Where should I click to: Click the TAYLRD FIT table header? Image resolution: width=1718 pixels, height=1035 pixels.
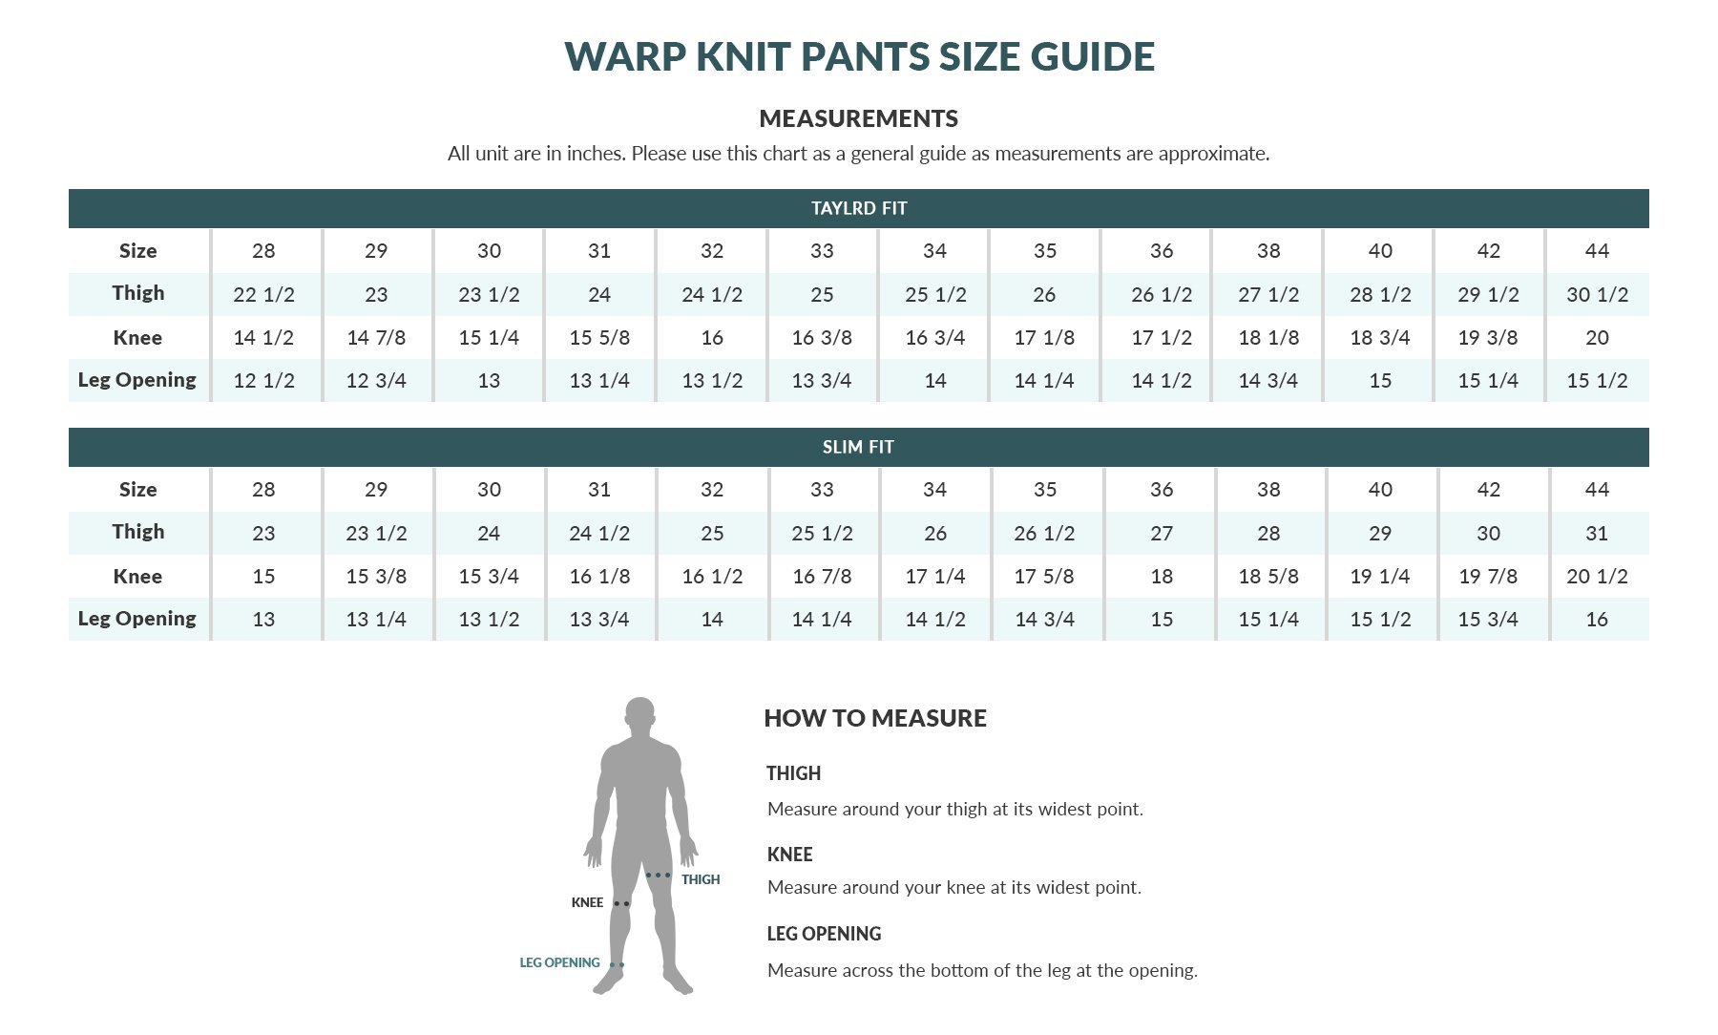pyautogui.click(x=858, y=208)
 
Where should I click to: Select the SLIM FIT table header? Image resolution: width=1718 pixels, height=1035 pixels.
pyautogui.click(x=858, y=447)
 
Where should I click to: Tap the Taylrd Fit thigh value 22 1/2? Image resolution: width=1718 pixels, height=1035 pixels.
pyautogui.click(x=263, y=295)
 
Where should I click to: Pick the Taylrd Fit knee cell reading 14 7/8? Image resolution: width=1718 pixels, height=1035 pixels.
pyautogui.click(x=376, y=338)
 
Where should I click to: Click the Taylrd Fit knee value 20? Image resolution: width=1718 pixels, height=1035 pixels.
pyautogui.click(x=1597, y=338)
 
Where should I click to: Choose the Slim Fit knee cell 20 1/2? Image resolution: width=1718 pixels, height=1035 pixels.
pyautogui.click(x=1597, y=577)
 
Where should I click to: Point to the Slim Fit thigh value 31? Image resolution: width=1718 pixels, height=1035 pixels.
pyautogui.click(x=1597, y=534)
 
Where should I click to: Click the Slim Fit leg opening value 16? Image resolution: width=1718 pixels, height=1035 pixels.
pyautogui.click(x=1597, y=620)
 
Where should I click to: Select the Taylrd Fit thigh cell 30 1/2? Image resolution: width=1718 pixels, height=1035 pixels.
pyautogui.click(x=1597, y=295)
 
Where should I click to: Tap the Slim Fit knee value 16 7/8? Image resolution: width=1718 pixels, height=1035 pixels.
pyautogui.click(x=822, y=577)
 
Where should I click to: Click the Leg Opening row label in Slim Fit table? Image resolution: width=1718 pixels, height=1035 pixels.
pyautogui.click(x=137, y=619)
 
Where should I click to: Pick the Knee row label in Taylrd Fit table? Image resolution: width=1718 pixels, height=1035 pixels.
pyautogui.click(x=137, y=338)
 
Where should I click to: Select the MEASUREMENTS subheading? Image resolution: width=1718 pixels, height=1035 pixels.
pyautogui.click(x=858, y=118)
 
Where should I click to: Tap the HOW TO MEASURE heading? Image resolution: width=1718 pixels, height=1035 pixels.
pyautogui.click(x=874, y=718)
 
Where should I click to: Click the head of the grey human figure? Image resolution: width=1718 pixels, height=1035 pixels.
pyautogui.click(x=640, y=718)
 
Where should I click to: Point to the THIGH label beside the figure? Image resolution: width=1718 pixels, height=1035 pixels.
pyautogui.click(x=701, y=879)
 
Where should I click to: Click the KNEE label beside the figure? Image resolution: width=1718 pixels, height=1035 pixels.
pyautogui.click(x=587, y=902)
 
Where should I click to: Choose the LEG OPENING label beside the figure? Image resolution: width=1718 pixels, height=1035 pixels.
pyautogui.click(x=559, y=962)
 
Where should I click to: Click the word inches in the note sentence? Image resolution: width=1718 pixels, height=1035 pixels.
pyautogui.click(x=594, y=154)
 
